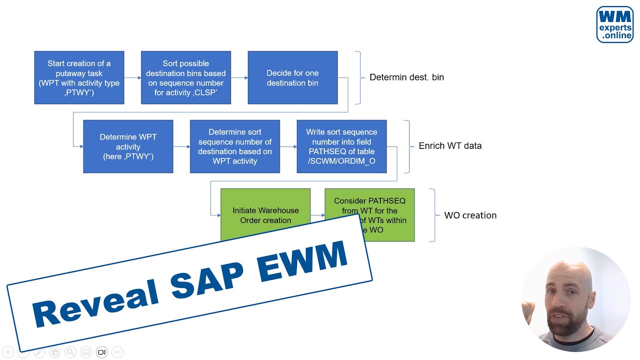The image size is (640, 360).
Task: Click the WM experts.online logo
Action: pyautogui.click(x=614, y=24)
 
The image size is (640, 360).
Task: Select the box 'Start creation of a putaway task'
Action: pyautogui.click(x=79, y=77)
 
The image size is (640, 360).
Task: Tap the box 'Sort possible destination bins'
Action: pyautogui.click(x=185, y=77)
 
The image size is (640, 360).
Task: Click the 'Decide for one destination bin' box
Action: pyautogui.click(x=292, y=77)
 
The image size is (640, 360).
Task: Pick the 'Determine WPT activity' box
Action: pyautogui.click(x=128, y=146)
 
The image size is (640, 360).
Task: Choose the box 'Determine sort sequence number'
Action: pyautogui.click(x=234, y=146)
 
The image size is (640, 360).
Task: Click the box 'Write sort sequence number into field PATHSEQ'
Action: pyautogui.click(x=341, y=146)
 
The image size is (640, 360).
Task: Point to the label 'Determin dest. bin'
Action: pyautogui.click(x=406, y=77)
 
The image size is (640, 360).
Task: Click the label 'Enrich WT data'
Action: pyautogui.click(x=450, y=146)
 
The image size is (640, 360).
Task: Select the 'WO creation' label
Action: pyautogui.click(x=470, y=215)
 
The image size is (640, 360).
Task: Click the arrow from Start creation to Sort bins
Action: pyautogui.click(x=132, y=77)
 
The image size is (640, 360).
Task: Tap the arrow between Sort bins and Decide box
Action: pyautogui.click(x=239, y=77)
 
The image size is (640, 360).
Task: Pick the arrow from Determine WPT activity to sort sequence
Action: pyautogui.click(x=181, y=146)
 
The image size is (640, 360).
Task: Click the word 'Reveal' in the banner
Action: pyautogui.click(x=95, y=302)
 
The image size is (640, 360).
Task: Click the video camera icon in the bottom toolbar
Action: pyautogui.click(x=101, y=352)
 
